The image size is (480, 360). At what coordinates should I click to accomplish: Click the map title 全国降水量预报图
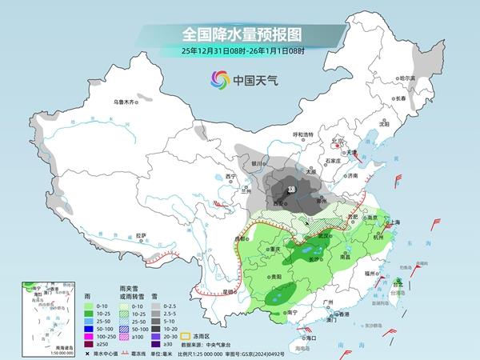pos(239,34)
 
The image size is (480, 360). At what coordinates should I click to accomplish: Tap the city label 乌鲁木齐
pos(126,102)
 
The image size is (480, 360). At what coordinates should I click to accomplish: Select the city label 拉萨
pos(141,235)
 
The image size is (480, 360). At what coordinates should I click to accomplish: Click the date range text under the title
pos(239,51)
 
